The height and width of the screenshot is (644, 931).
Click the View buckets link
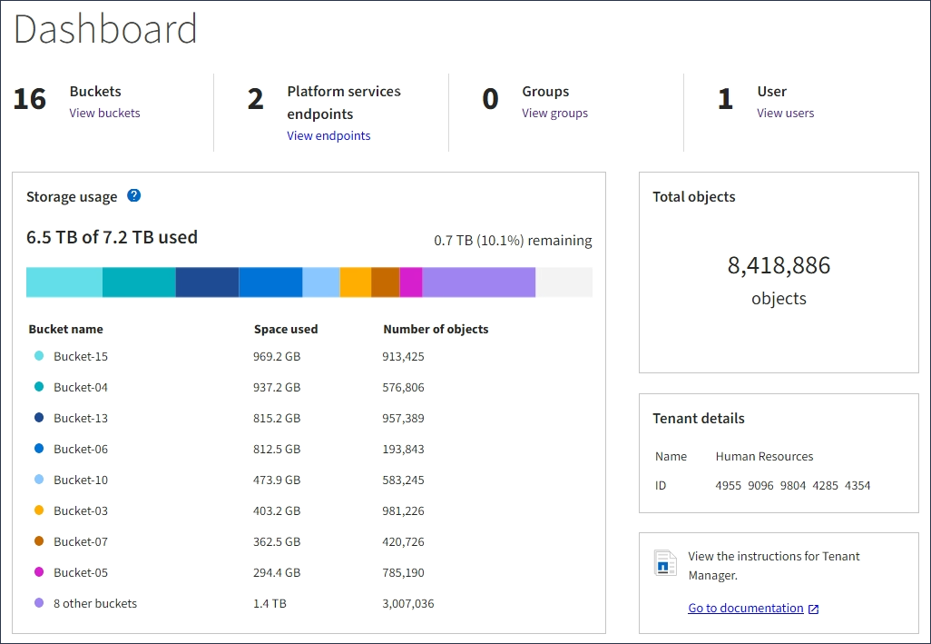104,114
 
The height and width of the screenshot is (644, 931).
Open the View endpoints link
328,136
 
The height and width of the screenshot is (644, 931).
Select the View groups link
554,114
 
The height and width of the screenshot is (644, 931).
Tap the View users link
785,114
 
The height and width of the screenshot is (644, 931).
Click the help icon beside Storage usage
133,195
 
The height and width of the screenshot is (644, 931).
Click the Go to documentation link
746,609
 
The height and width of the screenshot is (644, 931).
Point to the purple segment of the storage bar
478,282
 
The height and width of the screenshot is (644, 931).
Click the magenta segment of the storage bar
411,282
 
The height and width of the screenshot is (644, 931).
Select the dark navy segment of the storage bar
207,282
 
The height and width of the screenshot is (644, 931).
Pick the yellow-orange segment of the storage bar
355,282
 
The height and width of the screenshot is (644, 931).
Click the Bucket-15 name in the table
81,356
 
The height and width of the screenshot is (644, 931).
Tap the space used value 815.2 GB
277,418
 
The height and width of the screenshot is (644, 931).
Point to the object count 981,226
403,510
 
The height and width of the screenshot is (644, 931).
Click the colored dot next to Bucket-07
39,541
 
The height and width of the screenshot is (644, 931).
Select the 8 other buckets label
95,603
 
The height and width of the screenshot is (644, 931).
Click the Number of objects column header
436,330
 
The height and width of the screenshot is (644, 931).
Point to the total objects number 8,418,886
779,265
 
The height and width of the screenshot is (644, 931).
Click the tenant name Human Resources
764,457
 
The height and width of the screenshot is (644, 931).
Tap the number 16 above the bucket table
30,99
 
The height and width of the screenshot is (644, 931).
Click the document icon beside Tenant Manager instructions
665,563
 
